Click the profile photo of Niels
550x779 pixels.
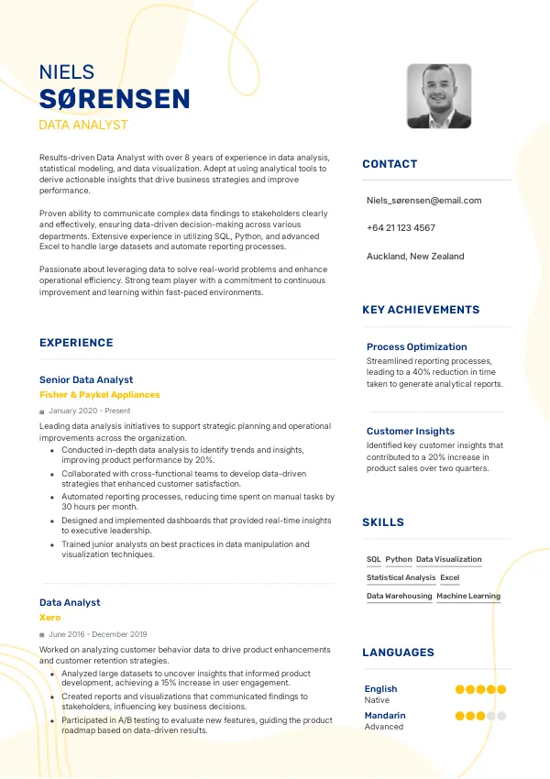coord(439,96)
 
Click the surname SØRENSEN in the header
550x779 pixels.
coord(115,99)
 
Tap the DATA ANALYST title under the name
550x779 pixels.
coord(83,125)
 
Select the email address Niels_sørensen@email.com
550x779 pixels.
coord(423,200)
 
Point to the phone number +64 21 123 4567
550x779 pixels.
coord(401,228)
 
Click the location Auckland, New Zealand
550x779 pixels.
coord(415,257)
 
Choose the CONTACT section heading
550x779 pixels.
coord(390,164)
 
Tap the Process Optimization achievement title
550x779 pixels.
coord(417,346)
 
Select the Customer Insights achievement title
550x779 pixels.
coord(411,431)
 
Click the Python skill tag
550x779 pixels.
coord(399,559)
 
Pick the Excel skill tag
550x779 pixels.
coord(449,577)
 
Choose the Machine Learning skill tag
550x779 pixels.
coord(468,596)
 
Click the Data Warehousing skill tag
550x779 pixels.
coord(399,596)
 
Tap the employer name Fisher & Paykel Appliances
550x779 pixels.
coord(99,394)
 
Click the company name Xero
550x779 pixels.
coord(49,618)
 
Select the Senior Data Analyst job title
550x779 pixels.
coord(86,379)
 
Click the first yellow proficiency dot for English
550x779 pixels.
coord(460,689)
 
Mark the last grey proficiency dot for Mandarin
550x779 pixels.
coord(501,716)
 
